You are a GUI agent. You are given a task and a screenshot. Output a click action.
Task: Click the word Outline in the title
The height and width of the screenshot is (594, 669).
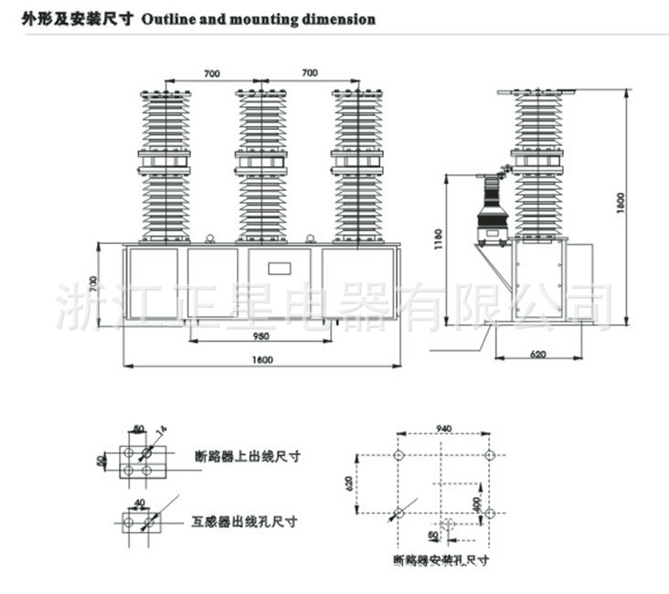(167, 18)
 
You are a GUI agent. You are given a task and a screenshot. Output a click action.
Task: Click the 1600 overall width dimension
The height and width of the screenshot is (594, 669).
(261, 359)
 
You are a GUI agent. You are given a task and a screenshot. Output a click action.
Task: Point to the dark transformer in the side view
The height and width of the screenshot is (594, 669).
(493, 217)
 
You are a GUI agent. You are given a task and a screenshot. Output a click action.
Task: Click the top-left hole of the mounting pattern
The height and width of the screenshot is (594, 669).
(398, 455)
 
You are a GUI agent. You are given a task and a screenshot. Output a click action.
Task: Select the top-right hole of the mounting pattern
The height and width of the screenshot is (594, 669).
(489, 455)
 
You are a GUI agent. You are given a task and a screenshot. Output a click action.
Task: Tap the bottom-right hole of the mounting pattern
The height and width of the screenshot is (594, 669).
(489, 512)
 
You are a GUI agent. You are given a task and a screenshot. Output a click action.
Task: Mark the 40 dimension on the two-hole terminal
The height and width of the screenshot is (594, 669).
(139, 502)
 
